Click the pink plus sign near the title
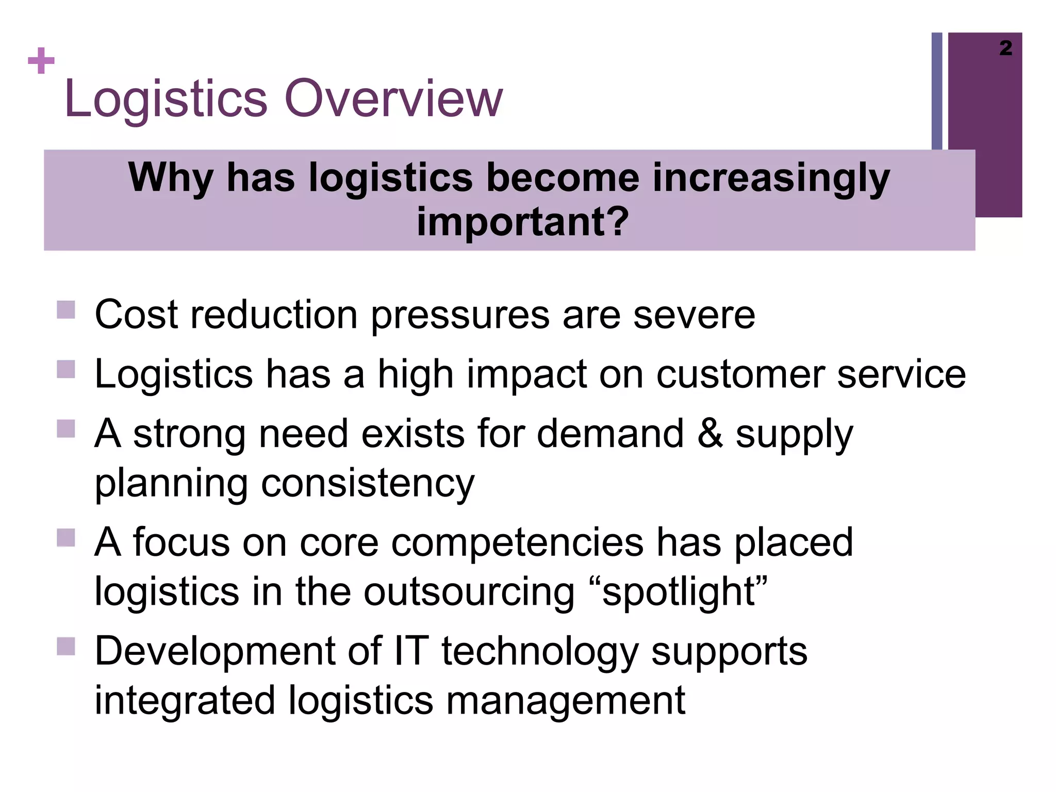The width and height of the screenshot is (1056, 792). click(x=41, y=61)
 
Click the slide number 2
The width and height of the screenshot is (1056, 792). click(x=1005, y=48)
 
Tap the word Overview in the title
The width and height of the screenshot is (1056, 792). click(x=393, y=98)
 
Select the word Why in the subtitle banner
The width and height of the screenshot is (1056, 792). click(x=170, y=178)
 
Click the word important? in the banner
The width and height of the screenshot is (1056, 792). click(x=522, y=222)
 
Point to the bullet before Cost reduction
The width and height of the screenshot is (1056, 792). click(x=66, y=310)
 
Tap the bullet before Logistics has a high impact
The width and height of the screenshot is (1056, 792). click(x=66, y=369)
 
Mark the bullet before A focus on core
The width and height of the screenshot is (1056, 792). click(x=66, y=537)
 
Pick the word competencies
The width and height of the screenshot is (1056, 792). click(x=517, y=542)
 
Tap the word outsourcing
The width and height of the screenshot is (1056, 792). click(x=468, y=592)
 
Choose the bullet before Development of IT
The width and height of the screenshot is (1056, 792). click(x=66, y=646)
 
